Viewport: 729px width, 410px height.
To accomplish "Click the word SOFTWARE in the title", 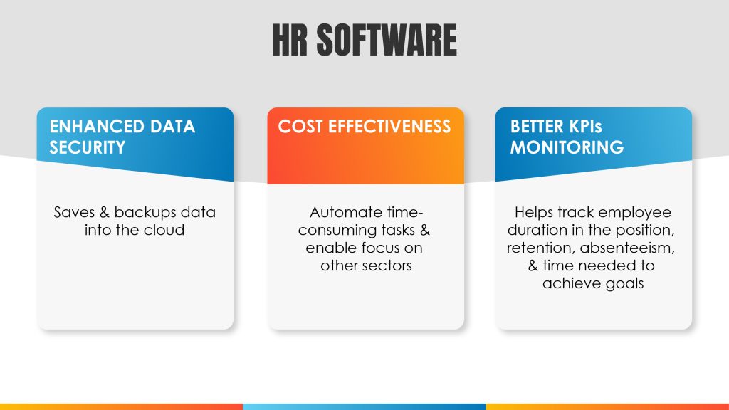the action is point(387,41).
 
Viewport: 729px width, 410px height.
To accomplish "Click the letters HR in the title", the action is point(290,41).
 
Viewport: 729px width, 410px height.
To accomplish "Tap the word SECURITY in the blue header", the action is point(88,147).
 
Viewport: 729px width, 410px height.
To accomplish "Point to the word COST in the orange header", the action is point(300,127).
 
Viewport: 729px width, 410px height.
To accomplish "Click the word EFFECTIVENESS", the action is point(389,127).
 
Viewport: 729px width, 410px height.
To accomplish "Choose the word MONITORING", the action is point(567,147).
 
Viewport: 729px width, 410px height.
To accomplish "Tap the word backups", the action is point(145,213).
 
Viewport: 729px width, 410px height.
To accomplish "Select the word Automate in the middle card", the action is point(340,212).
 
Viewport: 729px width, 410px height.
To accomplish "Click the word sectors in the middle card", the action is point(388,266).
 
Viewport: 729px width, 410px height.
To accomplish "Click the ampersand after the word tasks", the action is point(424,230).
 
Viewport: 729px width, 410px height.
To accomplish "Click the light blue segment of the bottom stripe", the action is point(364,406).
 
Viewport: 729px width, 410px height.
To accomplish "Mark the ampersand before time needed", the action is point(533,266).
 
